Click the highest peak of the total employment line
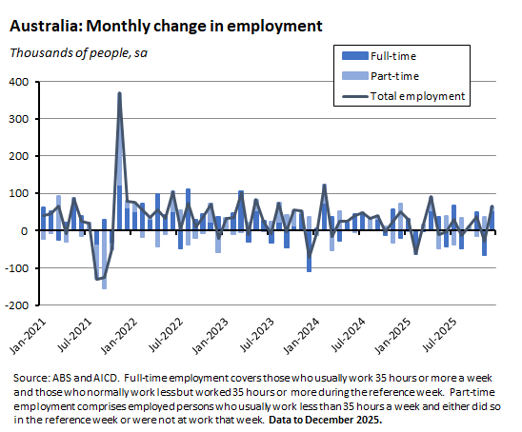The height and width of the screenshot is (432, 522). pos(119,93)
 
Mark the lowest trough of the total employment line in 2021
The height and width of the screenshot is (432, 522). pos(96,279)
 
